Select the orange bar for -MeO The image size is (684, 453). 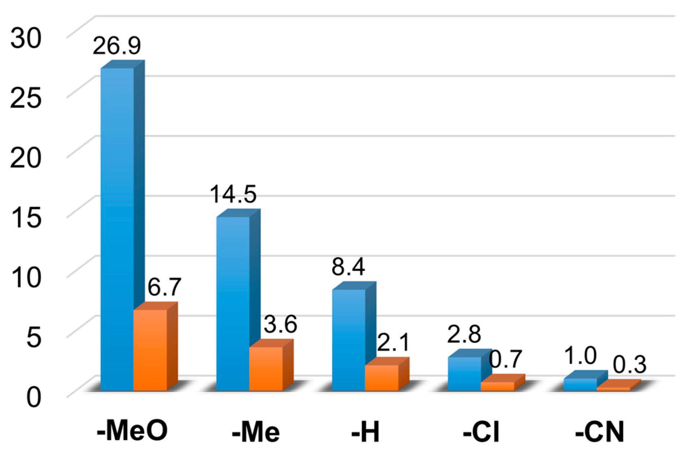click(x=150, y=350)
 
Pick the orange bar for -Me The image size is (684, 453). click(x=266, y=369)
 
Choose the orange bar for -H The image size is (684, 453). click(x=382, y=378)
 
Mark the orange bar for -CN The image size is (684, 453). click(x=613, y=389)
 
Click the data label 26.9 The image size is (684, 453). click(x=116, y=46)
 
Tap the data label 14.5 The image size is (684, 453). click(x=233, y=194)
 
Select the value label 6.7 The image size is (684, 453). click(x=164, y=287)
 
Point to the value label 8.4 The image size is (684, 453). click(x=348, y=267)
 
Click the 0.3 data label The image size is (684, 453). click(x=630, y=365)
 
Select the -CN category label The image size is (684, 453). click(x=600, y=431)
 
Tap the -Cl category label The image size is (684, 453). click(x=481, y=431)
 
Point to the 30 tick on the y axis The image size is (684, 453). click(x=26, y=38)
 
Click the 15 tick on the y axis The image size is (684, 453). click(x=26, y=218)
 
